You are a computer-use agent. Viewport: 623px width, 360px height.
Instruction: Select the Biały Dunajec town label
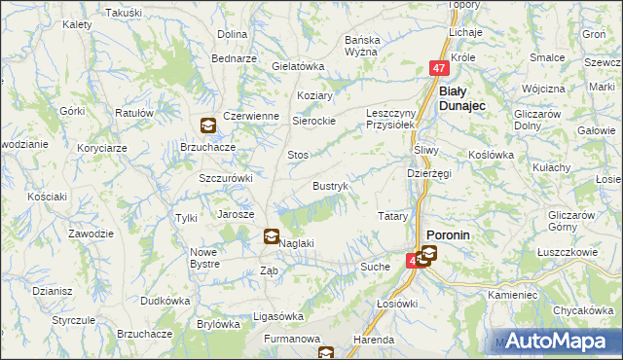463,97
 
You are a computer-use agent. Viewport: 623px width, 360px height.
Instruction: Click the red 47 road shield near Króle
439,69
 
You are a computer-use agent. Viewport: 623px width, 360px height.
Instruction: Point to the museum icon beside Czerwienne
208,125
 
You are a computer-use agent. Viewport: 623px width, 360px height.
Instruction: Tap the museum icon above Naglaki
272,235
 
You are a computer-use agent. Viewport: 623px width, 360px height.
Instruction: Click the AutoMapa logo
564,341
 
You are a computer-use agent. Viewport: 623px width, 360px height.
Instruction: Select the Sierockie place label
315,121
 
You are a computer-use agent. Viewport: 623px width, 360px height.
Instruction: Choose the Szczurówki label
226,178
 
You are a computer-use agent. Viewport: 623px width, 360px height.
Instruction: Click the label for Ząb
270,271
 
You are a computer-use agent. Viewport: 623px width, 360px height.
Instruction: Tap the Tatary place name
391,215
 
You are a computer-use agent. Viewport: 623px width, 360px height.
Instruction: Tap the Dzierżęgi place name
428,173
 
